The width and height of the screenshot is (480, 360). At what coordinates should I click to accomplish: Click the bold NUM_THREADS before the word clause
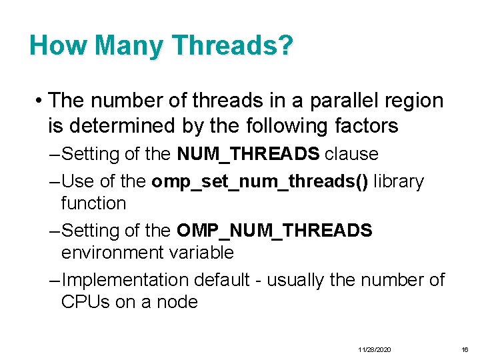click(248, 155)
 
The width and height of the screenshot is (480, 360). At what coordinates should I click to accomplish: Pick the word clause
click(351, 155)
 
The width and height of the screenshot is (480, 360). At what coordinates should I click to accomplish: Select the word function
click(93, 203)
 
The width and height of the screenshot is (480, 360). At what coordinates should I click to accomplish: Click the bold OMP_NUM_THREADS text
click(274, 231)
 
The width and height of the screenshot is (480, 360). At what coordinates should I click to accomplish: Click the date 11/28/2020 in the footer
click(375, 350)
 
